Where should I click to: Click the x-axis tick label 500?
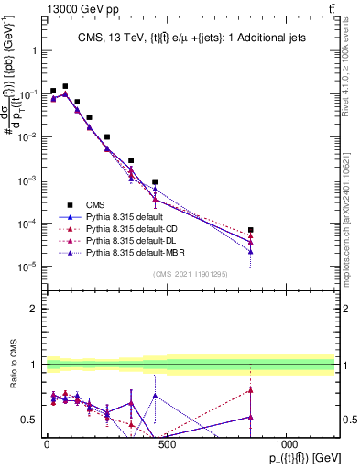[167, 443]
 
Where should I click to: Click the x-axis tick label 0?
[47, 443]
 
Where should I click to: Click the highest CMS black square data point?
[65, 86]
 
